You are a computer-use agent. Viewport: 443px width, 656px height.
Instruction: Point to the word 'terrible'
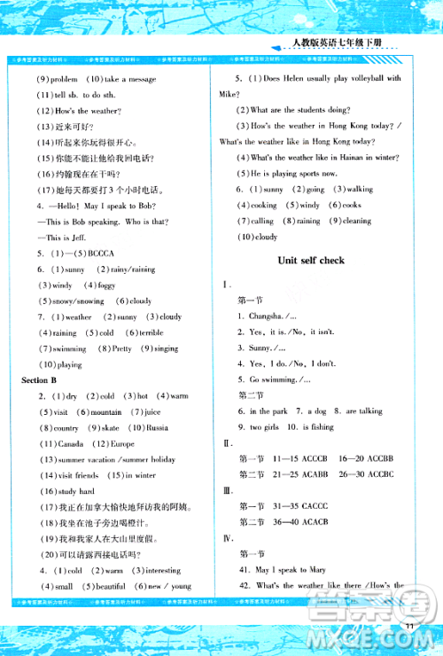148,332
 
